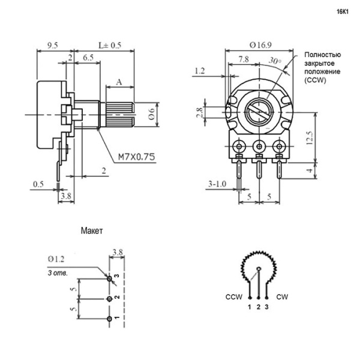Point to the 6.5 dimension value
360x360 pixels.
(88, 58)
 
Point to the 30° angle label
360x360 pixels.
(275, 60)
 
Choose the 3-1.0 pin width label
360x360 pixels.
(217, 184)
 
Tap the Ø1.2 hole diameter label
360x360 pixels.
(58, 259)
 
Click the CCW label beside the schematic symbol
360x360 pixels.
(234, 296)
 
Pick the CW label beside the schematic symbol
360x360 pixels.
(281, 296)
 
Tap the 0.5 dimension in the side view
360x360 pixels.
(38, 184)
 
